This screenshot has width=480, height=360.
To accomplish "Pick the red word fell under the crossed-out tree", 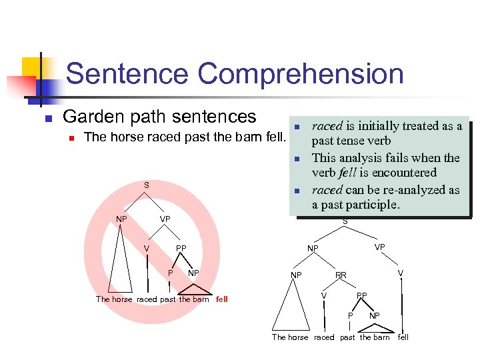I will (222, 299).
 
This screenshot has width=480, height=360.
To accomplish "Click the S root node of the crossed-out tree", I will (147, 185).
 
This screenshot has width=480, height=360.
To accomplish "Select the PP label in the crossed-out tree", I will (181, 249).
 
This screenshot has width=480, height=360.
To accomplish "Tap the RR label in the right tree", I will (341, 275).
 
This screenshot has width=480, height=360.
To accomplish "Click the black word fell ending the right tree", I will (403, 337).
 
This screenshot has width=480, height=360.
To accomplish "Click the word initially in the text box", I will (382, 126).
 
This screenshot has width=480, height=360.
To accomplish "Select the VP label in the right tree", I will (380, 247).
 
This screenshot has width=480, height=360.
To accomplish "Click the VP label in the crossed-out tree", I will (165, 219).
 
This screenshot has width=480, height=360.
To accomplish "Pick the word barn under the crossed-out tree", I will (201, 299).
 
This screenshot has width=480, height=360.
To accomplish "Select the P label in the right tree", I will (351, 315).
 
